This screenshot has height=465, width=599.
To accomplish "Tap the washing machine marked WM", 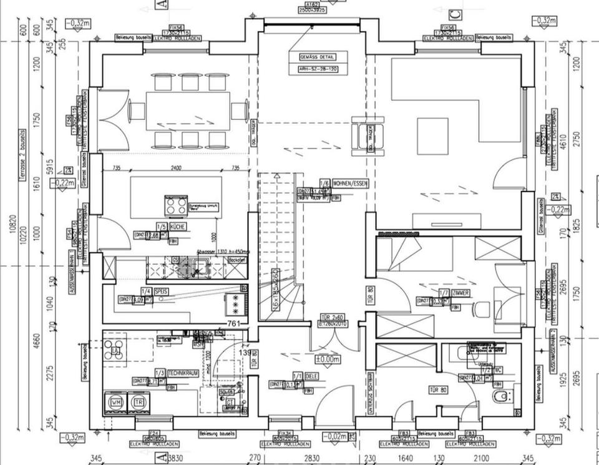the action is tap(116, 403).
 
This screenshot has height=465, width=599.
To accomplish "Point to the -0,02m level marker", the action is tap(335, 437).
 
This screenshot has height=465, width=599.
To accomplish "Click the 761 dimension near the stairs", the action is tap(233, 323).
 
